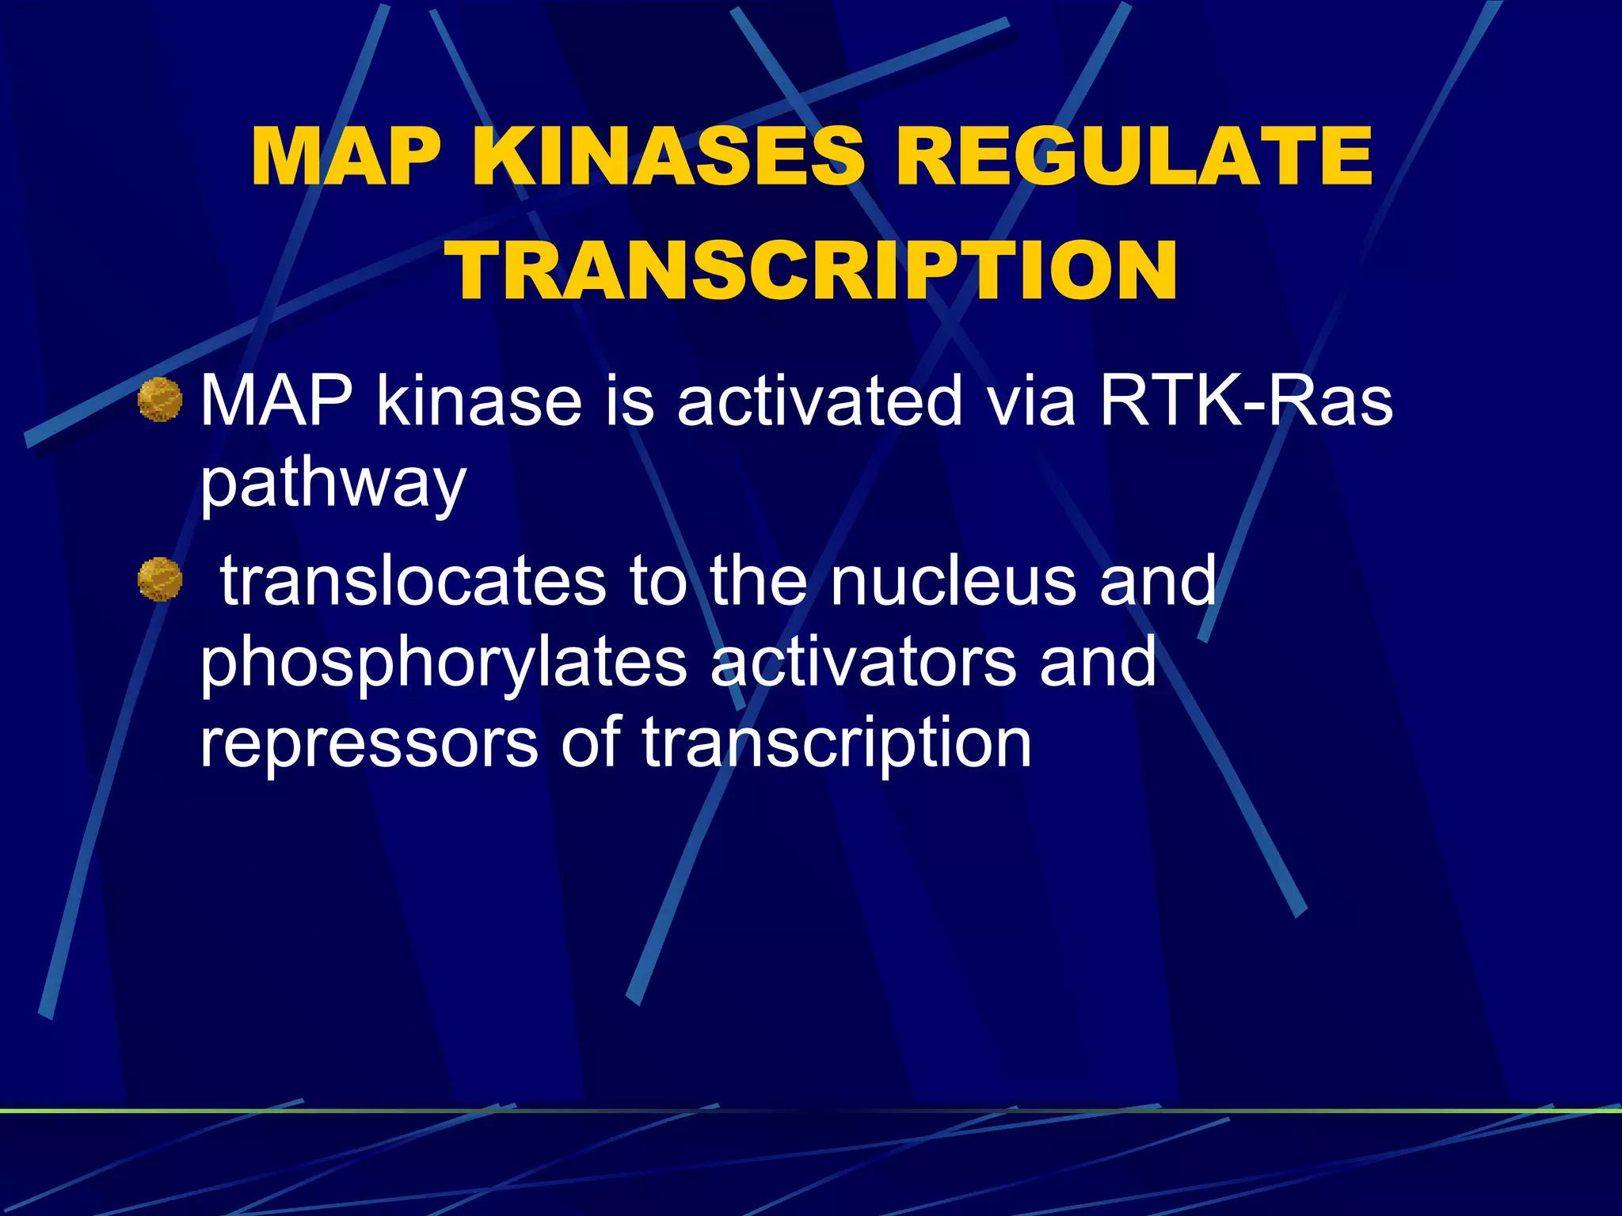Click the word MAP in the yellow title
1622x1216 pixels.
tap(346, 156)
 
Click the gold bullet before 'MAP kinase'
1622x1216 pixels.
tap(160, 400)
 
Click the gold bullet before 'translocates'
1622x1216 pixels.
tap(160, 579)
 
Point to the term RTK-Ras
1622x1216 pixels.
tap(1246, 401)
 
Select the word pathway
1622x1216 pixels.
tap(333, 484)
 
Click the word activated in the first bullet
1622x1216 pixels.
tap(819, 401)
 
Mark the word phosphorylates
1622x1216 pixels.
tap(443, 663)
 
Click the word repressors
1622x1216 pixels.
tap(368, 743)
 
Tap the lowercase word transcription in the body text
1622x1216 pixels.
tap(836, 743)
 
